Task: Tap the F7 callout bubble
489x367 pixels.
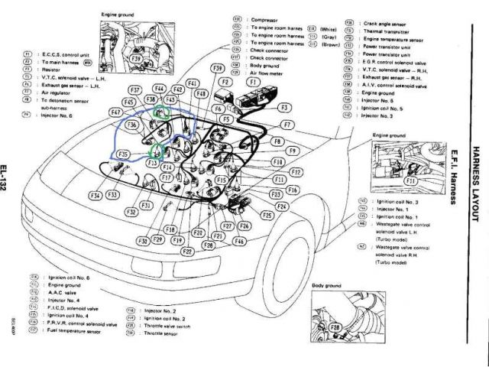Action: [287, 124]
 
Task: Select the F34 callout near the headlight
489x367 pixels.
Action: [95, 196]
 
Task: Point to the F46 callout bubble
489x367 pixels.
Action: [239, 240]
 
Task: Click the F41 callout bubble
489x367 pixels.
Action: [192, 83]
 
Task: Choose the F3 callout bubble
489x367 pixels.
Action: [284, 108]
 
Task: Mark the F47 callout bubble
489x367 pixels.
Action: [117, 113]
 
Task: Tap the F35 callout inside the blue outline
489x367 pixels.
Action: [122, 154]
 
